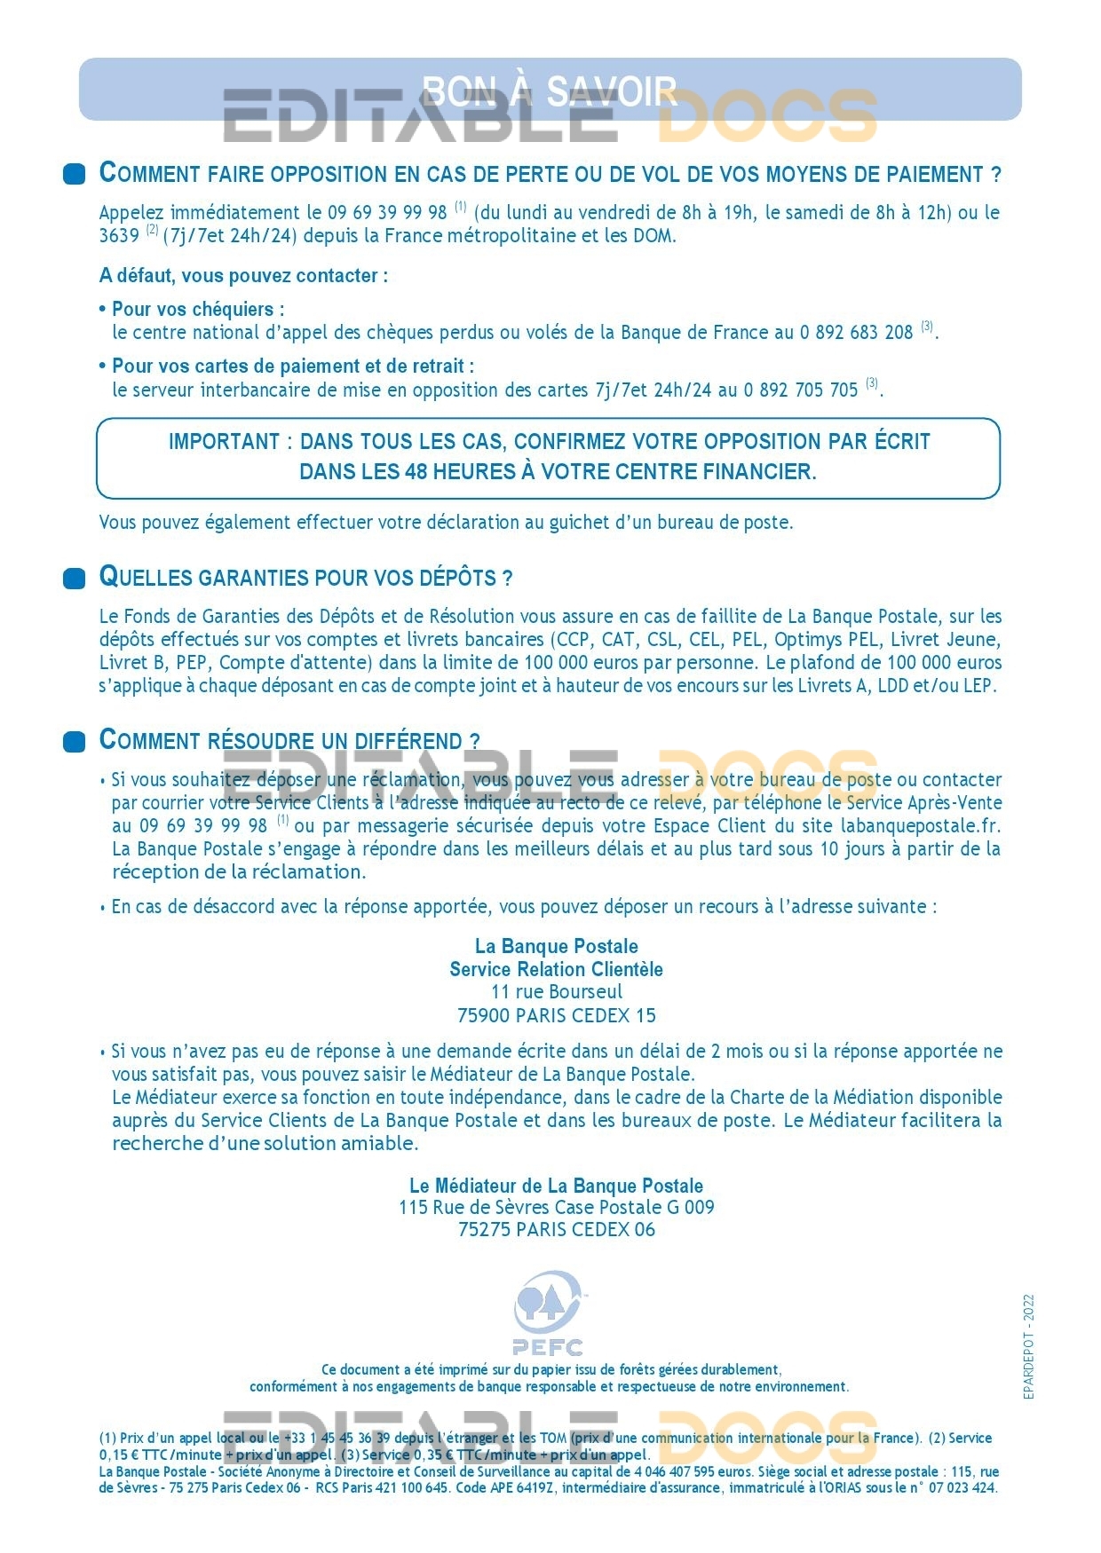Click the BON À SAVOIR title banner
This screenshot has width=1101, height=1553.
(x=550, y=90)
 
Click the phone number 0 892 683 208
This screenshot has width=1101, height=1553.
(x=856, y=333)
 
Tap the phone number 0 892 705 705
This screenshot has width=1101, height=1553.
(x=801, y=390)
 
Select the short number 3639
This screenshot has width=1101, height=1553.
(x=119, y=236)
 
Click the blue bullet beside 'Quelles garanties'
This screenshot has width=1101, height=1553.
(x=75, y=579)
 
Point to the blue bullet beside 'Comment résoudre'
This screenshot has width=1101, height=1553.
(x=75, y=741)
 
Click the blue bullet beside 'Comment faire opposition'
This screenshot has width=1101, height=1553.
(x=75, y=174)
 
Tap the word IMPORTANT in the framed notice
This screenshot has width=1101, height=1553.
(x=225, y=442)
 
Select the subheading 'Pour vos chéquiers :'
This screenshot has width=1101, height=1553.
(x=198, y=310)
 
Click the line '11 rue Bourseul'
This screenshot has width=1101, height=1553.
(x=557, y=992)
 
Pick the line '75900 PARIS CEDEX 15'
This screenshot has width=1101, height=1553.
(x=557, y=1015)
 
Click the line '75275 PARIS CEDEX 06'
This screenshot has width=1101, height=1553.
(x=557, y=1230)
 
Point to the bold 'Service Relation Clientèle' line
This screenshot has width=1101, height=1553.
(x=557, y=969)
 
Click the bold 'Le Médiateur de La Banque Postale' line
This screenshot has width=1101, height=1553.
(x=557, y=1186)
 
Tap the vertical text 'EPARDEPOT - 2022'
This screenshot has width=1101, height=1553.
(x=1029, y=1347)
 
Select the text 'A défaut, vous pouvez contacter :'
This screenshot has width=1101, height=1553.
(x=243, y=276)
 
